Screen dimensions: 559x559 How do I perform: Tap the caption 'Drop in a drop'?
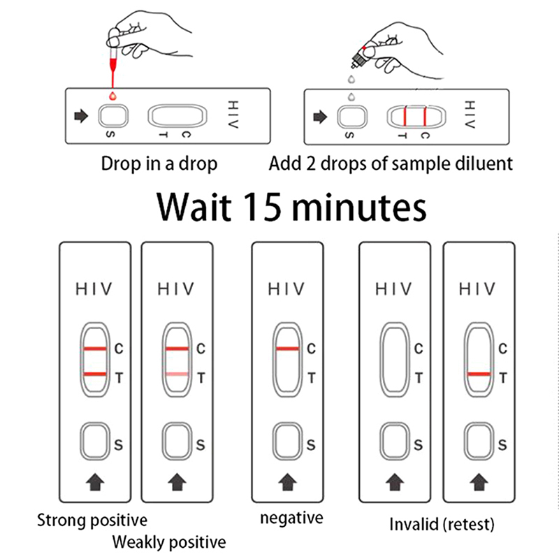tap(159, 164)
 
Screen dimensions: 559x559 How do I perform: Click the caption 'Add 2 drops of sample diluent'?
tap(391, 164)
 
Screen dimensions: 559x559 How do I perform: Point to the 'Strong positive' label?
tap(92, 520)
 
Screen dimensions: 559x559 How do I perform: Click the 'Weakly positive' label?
tap(169, 542)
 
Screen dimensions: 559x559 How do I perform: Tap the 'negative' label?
tap(291, 518)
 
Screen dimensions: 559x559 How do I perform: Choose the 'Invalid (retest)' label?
tap(442, 524)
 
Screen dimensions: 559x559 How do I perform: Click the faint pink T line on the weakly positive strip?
tap(177, 376)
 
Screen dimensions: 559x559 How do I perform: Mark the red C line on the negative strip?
tap(287, 348)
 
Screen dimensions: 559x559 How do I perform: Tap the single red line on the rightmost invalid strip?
tap(479, 375)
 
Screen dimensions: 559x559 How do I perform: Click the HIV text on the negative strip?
tap(288, 289)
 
